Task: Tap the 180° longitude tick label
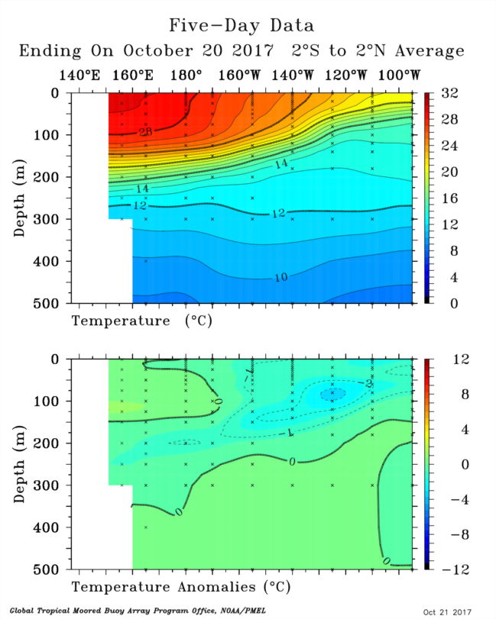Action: tap(186, 76)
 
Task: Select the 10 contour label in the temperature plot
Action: tap(280, 278)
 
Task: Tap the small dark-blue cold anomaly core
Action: tap(332, 394)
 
